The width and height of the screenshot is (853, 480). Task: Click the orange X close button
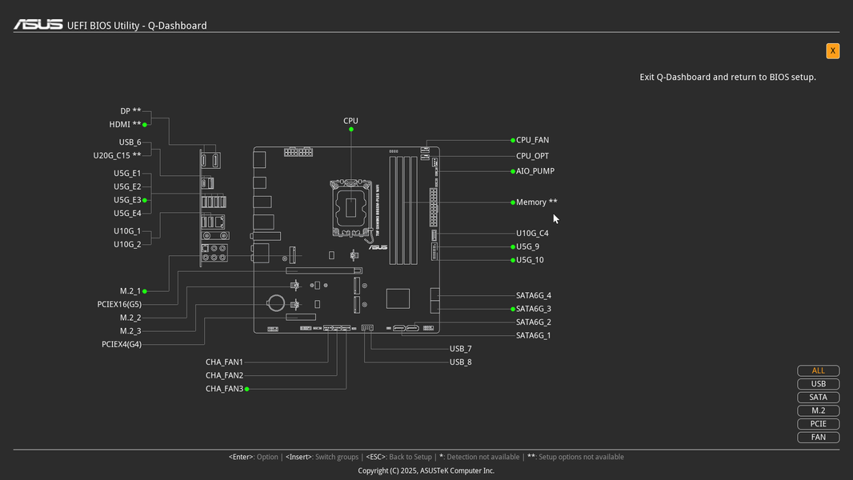tap(832, 50)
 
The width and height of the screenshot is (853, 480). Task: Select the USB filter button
tap(818, 384)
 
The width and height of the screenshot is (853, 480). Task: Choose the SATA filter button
tap(818, 398)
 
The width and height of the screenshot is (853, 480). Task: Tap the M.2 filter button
tap(818, 410)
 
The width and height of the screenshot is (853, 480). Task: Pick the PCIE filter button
tap(818, 424)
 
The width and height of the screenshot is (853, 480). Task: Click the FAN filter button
tap(818, 437)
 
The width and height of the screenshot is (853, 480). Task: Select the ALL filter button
tap(818, 370)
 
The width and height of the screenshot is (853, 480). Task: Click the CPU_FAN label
tap(532, 140)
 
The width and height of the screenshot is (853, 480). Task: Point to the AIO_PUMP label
tap(535, 171)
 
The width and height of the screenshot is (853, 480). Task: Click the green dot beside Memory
tap(512, 202)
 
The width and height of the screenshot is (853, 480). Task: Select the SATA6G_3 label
tap(533, 309)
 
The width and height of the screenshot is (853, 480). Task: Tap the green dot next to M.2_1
tap(145, 291)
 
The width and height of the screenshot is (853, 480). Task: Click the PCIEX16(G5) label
tap(119, 305)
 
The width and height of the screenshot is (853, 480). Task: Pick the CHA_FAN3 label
tap(224, 389)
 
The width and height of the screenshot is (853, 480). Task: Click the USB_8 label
tap(460, 362)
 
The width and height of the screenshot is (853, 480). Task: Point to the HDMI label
tap(120, 125)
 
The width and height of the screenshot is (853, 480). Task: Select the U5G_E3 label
tap(127, 200)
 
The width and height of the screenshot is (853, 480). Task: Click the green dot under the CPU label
tap(351, 130)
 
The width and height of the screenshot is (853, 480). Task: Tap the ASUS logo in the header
tap(38, 25)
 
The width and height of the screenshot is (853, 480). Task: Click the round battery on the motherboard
tap(276, 302)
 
